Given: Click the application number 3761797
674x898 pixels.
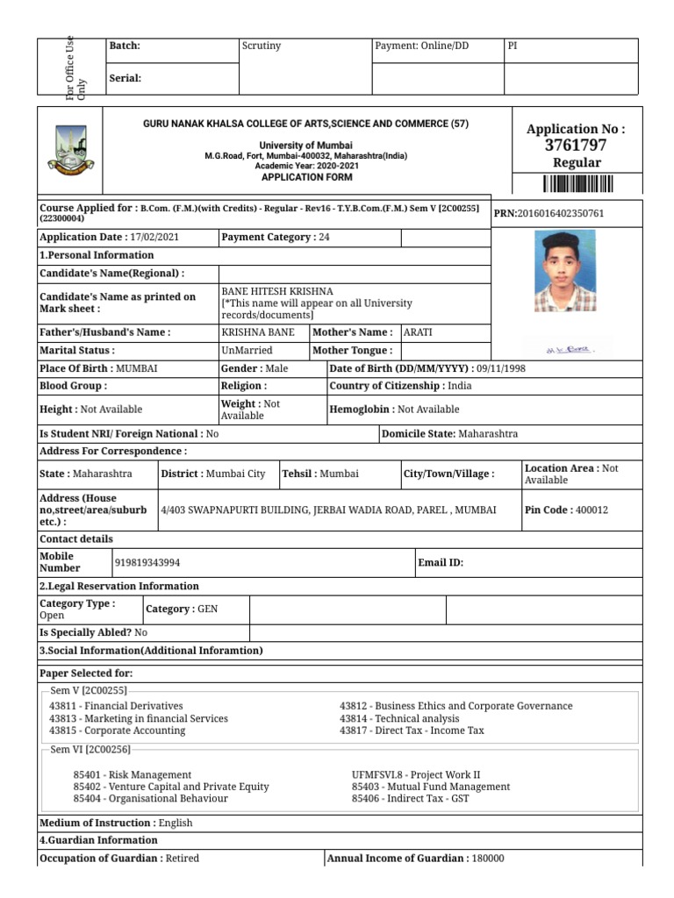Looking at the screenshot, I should [576, 146].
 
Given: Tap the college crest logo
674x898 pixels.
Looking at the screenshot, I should [70, 151].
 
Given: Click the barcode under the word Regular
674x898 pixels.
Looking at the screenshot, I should [576, 183].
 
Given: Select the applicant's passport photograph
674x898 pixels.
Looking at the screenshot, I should [564, 271].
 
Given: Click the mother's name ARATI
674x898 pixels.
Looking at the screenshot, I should [418, 332].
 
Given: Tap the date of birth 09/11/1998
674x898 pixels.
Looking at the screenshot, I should [498, 368].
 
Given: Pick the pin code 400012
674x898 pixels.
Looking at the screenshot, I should [592, 510].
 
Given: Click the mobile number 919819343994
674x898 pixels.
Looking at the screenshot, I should [147, 562].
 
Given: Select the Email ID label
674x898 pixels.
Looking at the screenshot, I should [441, 562].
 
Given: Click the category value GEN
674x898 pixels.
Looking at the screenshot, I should [208, 609].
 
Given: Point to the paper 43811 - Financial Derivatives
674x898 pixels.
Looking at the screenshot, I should [116, 706].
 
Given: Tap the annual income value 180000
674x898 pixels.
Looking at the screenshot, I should [488, 859].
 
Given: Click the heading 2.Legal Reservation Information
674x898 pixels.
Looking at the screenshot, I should [119, 586].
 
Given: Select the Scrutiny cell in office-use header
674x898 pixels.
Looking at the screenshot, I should [261, 46].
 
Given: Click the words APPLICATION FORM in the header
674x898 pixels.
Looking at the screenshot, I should [306, 177].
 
